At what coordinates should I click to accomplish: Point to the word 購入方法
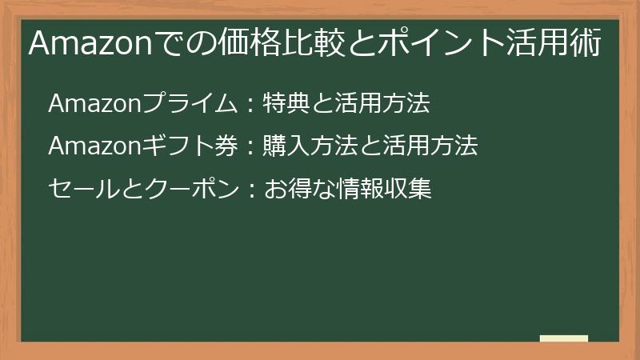(305, 146)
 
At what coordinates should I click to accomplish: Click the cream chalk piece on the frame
(564, 338)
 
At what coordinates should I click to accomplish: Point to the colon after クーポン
(250, 190)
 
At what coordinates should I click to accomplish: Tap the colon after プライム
(250, 104)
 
